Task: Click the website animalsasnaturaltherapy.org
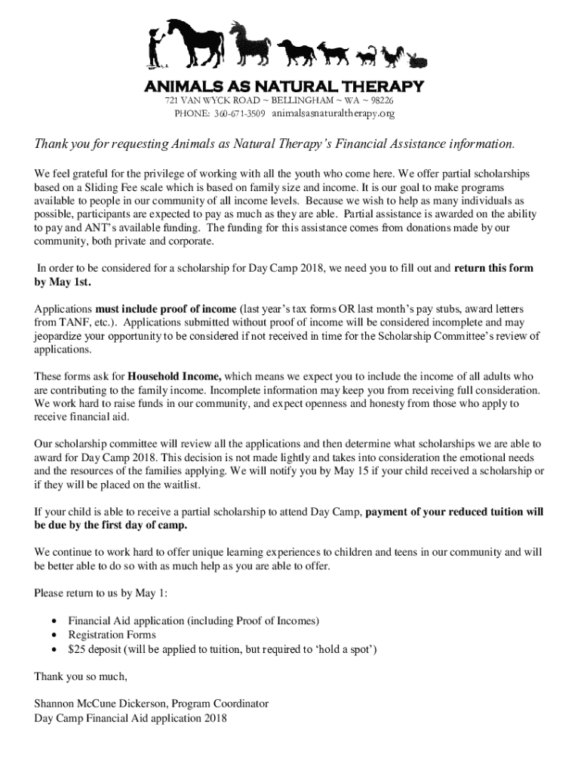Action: (x=333, y=114)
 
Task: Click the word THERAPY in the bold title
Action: (x=383, y=85)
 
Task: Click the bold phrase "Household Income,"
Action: (x=174, y=375)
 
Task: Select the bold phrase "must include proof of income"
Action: (x=165, y=310)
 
